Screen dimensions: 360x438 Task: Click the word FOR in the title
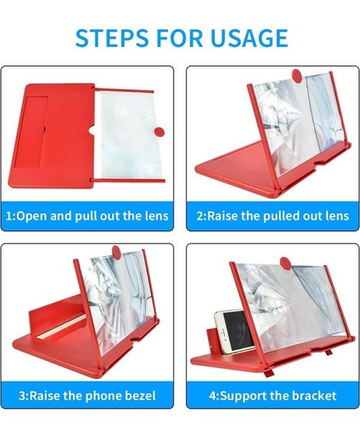pyautogui.click(x=179, y=38)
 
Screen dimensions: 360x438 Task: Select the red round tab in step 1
pyautogui.click(x=160, y=131)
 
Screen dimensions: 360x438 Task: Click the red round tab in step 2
pyautogui.click(x=297, y=76)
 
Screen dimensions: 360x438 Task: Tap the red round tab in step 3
pyautogui.click(x=117, y=253)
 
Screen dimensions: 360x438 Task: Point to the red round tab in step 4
pyautogui.click(x=286, y=264)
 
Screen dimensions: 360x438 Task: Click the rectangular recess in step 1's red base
pyautogui.click(x=31, y=131)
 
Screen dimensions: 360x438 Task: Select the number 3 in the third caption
pyautogui.click(x=22, y=396)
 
